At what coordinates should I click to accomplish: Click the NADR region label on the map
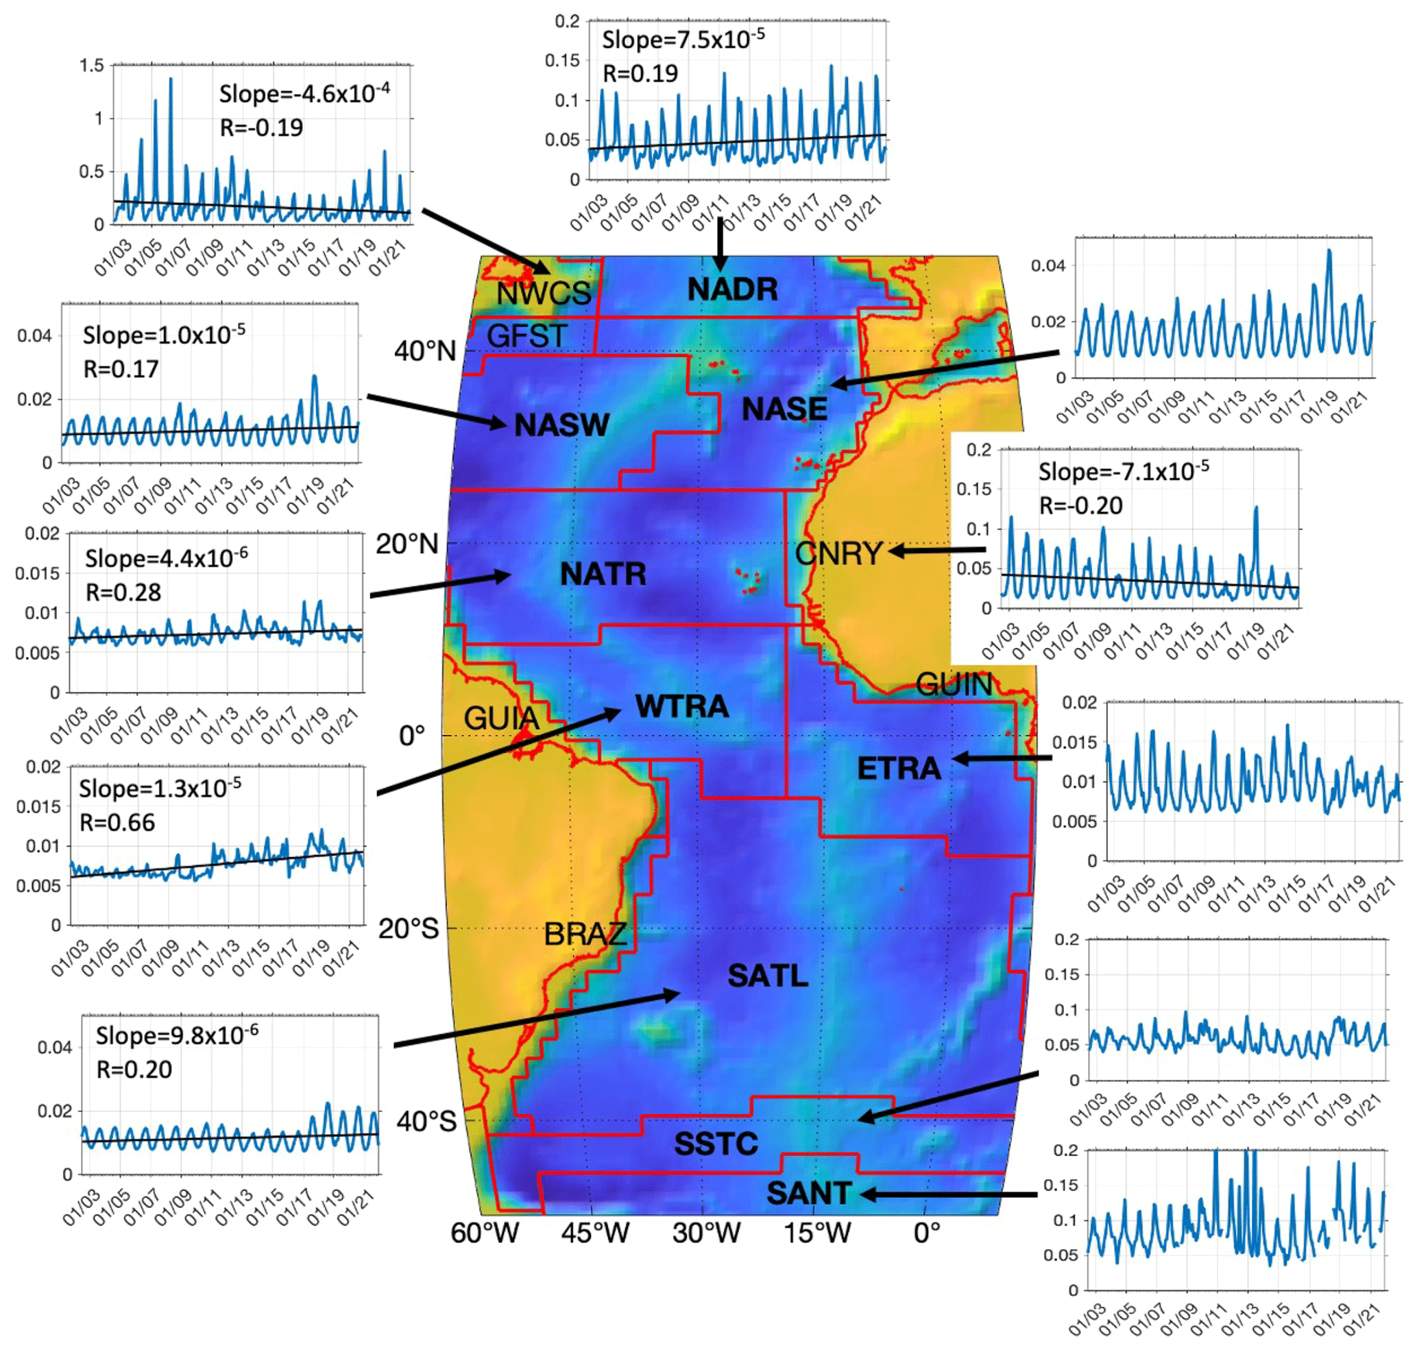coord(732,289)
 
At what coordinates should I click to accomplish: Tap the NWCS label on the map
coord(544,293)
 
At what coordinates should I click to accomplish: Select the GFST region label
coord(526,335)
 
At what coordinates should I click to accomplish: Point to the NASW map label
coord(561,424)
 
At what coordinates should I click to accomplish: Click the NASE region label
coord(784,409)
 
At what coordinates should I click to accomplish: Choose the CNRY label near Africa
coord(838,553)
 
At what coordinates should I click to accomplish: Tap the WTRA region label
coord(681,706)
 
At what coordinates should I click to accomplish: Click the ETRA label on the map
coord(899,769)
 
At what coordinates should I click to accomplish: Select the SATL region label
coord(767,976)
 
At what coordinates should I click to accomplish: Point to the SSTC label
coord(716,1144)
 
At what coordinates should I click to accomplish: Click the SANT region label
coord(809,1193)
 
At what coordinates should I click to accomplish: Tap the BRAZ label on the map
coord(585,934)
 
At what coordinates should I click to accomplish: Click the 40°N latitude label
coord(424,351)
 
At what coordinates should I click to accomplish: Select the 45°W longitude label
coord(595,1233)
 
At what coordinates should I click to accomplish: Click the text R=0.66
coord(117,822)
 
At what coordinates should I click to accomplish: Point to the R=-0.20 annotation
coord(1080,505)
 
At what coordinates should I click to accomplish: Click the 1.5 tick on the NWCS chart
coord(91,66)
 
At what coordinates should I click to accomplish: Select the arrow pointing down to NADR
coord(719,245)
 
